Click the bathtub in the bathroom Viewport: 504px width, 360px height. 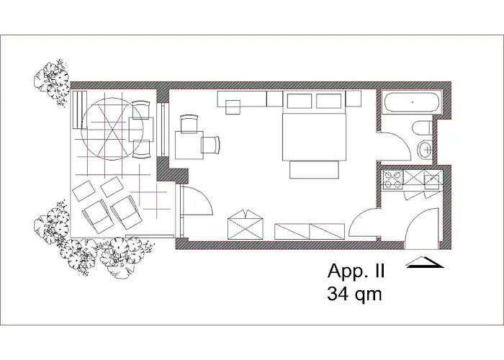(x=412, y=102)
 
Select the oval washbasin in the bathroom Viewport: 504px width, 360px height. (x=426, y=150)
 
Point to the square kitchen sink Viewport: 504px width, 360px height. (x=433, y=180)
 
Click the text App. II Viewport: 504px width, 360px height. (x=356, y=272)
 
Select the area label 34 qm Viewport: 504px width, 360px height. (x=355, y=293)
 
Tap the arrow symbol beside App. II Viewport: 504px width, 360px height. (x=423, y=264)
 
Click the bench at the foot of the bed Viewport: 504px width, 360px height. (x=313, y=169)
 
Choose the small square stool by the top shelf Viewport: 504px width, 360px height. (x=233, y=107)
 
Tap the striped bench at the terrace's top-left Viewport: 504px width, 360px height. (x=78, y=109)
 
